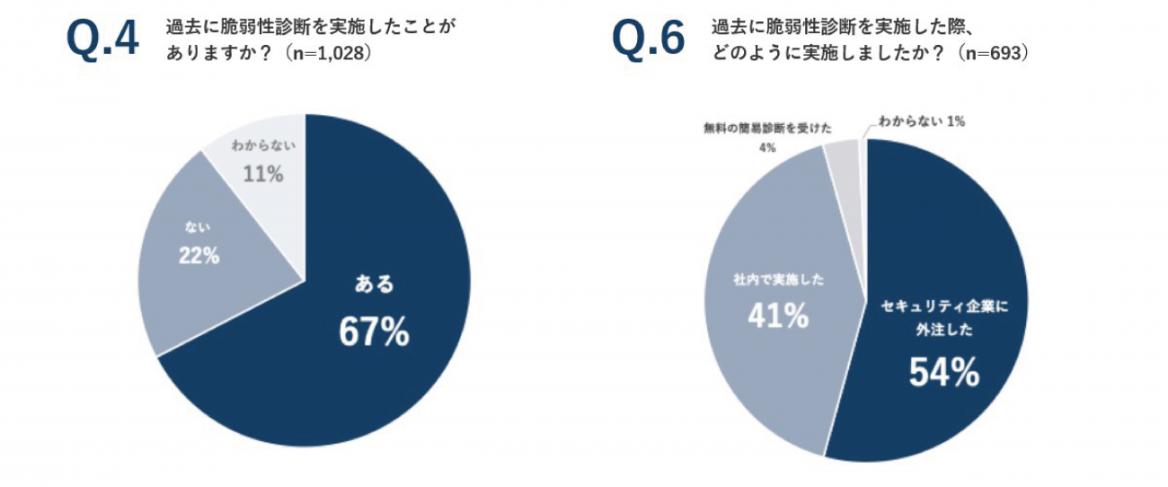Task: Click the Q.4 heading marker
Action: click(103, 39)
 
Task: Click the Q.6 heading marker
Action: click(648, 39)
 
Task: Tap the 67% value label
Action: click(374, 332)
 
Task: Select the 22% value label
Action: click(198, 255)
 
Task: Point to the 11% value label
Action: click(263, 173)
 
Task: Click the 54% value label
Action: click(943, 372)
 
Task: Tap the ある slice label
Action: click(374, 285)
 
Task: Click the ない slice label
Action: click(198, 226)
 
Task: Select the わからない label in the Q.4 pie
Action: click(263, 145)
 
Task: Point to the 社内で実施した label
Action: click(778, 280)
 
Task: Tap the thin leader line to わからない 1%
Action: click(863, 130)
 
